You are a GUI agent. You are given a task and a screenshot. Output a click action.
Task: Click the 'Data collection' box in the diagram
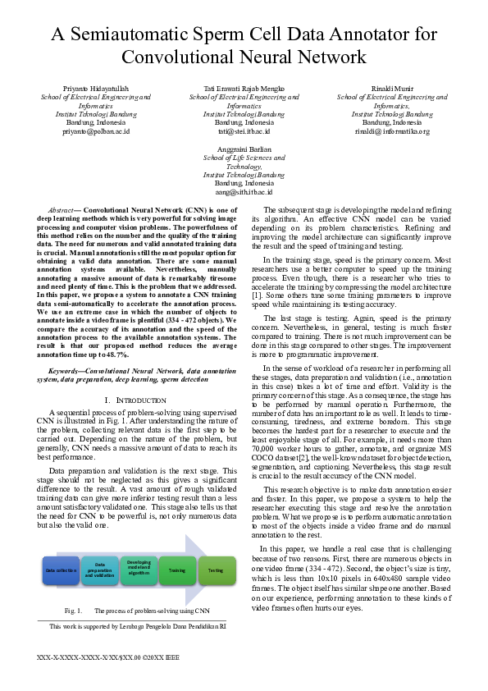click(x=61, y=570)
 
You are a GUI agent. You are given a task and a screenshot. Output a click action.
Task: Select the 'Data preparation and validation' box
click(x=100, y=570)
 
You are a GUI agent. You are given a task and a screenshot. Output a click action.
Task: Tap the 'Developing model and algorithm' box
click(x=139, y=570)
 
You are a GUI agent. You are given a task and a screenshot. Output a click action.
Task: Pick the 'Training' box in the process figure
click(x=177, y=570)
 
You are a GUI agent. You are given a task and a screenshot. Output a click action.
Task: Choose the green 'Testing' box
click(x=216, y=570)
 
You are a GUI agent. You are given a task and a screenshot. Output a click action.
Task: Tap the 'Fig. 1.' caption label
click(x=73, y=611)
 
